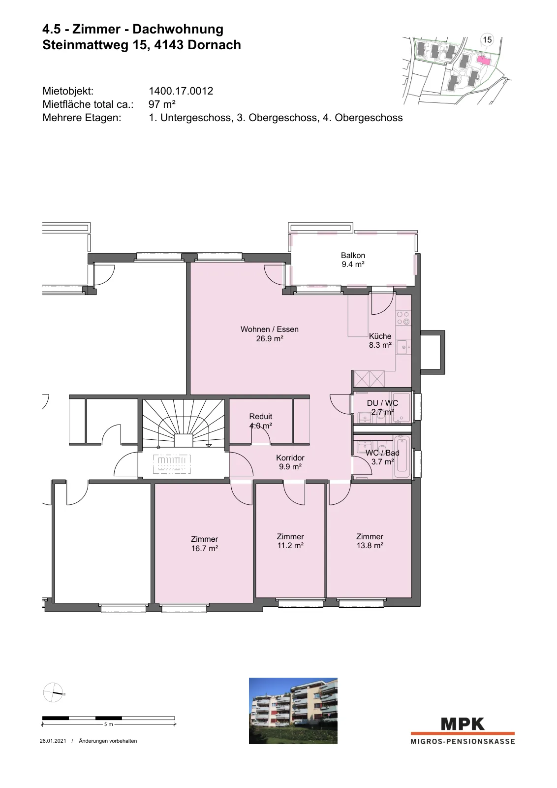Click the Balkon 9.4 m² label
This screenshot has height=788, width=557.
pyautogui.click(x=353, y=260)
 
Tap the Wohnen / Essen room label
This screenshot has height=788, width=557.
pyautogui.click(x=270, y=333)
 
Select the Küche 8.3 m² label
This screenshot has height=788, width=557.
pyautogui.click(x=380, y=340)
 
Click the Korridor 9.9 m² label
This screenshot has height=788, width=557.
pyautogui.click(x=290, y=462)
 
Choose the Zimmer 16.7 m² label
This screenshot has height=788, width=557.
pyautogui.click(x=205, y=544)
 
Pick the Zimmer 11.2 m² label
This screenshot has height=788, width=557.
pyautogui.click(x=290, y=541)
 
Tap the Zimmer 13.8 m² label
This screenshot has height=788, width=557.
pyautogui.click(x=370, y=541)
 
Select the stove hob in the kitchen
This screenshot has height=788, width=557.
pyautogui.click(x=403, y=318)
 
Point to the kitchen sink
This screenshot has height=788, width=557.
pyautogui.click(x=403, y=348)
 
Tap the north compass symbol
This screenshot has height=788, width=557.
pyautogui.click(x=54, y=692)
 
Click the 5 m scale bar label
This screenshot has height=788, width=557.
pyautogui.click(x=108, y=724)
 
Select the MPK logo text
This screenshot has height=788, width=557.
pyautogui.click(x=463, y=724)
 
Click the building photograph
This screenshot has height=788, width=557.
pyautogui.click(x=293, y=711)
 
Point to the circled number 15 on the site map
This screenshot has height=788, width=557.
pyautogui.click(x=487, y=40)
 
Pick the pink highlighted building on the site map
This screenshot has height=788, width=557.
pyautogui.click(x=484, y=60)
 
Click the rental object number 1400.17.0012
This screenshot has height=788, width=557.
pyautogui.click(x=181, y=91)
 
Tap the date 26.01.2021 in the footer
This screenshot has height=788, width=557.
pyautogui.click(x=53, y=741)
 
